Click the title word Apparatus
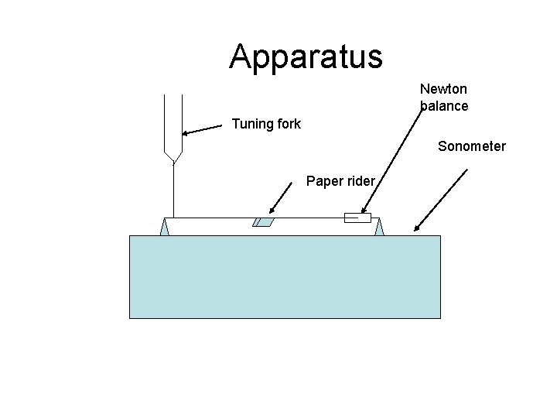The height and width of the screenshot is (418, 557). click(306, 57)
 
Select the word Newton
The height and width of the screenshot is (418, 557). click(443, 90)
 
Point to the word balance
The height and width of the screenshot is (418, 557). click(444, 106)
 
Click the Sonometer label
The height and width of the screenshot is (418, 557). click(471, 146)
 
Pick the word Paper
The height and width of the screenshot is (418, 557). click(323, 182)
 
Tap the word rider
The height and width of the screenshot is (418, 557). click(360, 182)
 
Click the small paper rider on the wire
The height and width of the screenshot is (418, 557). click(263, 223)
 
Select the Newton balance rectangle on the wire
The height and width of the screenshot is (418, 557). click(357, 218)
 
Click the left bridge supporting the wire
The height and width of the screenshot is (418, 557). click(164, 227)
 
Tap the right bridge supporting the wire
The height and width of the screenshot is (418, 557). click(379, 227)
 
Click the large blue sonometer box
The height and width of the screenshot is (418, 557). click(285, 276)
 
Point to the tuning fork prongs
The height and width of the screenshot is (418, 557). click(173, 120)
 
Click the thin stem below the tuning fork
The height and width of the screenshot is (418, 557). click(174, 190)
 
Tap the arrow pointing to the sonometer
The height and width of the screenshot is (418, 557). click(441, 200)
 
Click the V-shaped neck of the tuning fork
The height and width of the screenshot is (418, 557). click(174, 155)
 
